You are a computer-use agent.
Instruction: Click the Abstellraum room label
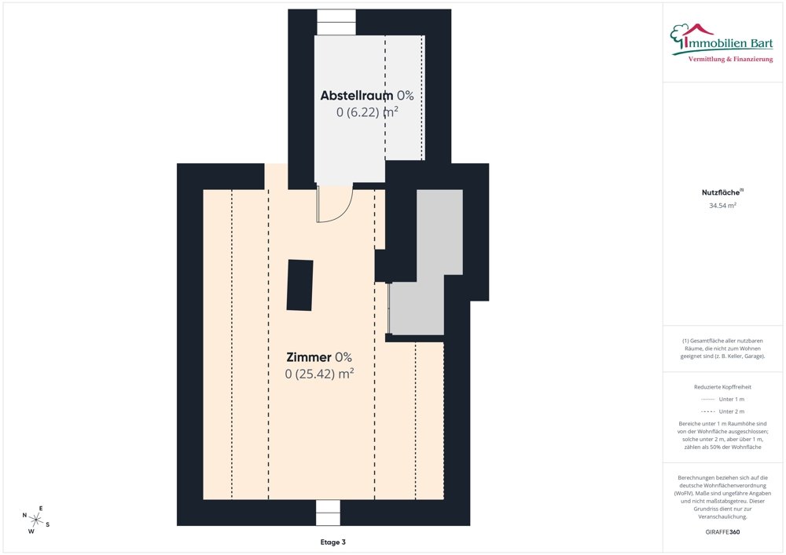point(356,95)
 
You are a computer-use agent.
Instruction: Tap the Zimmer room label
point(309,357)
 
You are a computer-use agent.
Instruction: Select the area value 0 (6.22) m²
point(367,111)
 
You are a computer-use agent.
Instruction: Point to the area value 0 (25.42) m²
point(319,374)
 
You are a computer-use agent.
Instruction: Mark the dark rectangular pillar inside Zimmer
point(299,285)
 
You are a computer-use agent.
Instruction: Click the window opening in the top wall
point(336,22)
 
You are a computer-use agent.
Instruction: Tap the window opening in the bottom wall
point(328,513)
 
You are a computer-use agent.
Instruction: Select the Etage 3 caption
point(332,542)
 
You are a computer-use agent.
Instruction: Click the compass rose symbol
point(35,520)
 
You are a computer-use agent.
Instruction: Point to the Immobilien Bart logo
point(722,43)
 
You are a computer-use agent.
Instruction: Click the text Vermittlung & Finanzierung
point(730,59)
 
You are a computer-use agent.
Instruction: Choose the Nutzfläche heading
point(721,192)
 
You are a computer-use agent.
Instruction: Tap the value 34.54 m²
point(722,205)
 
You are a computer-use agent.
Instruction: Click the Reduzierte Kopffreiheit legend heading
point(722,387)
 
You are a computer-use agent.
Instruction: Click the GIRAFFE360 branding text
point(722,531)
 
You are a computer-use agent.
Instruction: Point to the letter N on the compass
point(24,515)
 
